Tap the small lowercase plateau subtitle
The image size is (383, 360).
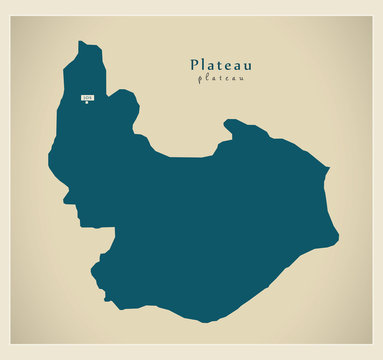[221, 78]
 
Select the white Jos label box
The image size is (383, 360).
[87, 97]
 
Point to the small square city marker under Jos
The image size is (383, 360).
[87, 105]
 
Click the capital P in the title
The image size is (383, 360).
[195, 64]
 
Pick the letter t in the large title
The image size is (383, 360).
[220, 64]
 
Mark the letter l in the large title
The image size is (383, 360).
[205, 64]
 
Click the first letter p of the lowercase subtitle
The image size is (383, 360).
[201, 79]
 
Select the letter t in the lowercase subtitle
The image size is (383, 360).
[221, 78]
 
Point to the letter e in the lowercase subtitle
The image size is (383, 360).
[228, 78]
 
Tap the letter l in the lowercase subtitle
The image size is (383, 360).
[208, 78]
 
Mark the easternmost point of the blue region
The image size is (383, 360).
[338, 238]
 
